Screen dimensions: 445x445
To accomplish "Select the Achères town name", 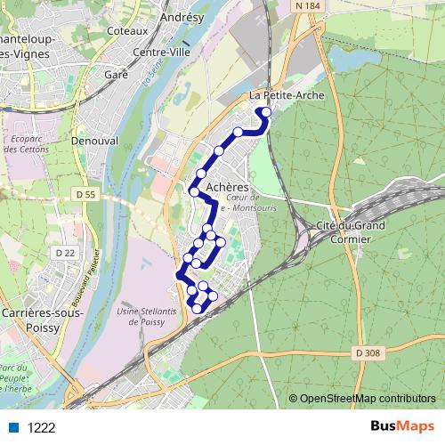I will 227,188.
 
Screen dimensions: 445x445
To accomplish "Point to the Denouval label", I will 94,141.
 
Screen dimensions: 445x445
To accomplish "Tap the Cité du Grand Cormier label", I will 352,232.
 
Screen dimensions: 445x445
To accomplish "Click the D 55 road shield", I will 85,194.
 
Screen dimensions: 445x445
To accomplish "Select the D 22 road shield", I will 65,254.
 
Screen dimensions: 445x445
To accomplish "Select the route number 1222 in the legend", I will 42,427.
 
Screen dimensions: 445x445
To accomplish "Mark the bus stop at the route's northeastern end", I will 265,112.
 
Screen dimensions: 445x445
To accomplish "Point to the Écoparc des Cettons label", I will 26,143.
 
